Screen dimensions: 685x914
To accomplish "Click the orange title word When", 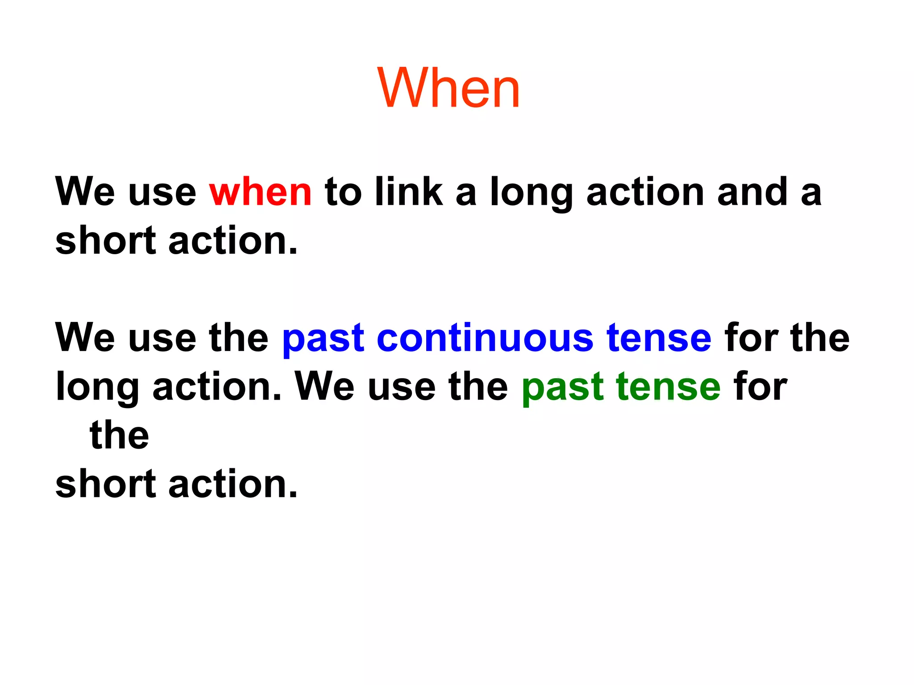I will (449, 88).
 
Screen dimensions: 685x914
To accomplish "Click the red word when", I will (260, 192).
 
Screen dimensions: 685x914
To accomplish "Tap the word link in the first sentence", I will (409, 192).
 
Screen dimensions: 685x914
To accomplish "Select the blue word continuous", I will (485, 338).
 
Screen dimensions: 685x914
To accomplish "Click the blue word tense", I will (659, 338).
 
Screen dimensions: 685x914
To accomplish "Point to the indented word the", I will (119, 435).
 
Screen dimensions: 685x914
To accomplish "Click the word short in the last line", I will (105, 484).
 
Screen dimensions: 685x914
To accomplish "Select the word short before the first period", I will (105, 241).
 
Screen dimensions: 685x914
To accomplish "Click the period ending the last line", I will (293, 495).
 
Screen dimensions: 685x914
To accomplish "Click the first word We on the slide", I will (85, 192).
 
